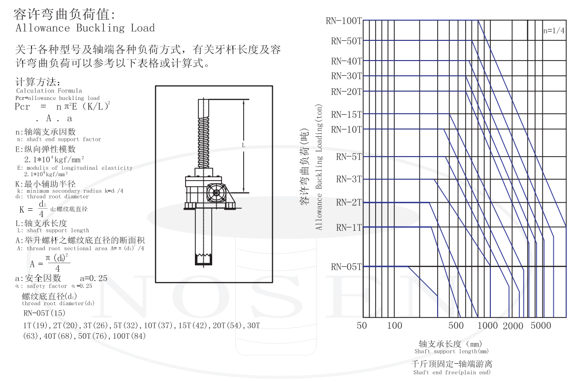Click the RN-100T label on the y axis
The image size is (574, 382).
[x=344, y=21]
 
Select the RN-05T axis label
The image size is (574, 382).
[x=346, y=267]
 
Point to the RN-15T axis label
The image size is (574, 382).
[x=346, y=115]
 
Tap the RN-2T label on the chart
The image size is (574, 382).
[x=349, y=202]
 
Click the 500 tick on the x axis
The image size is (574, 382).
[x=456, y=326]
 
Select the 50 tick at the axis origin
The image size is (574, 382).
[x=362, y=326]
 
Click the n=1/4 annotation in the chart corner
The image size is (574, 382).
[x=554, y=31]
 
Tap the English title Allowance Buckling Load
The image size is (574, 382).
[x=85, y=28]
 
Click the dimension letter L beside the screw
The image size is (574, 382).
[x=243, y=145]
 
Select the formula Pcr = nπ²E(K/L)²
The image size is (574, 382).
[x=63, y=106]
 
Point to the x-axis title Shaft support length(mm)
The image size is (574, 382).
[x=451, y=351]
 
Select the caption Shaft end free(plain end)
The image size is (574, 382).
[x=451, y=372]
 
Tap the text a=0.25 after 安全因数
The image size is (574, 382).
[x=94, y=278]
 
